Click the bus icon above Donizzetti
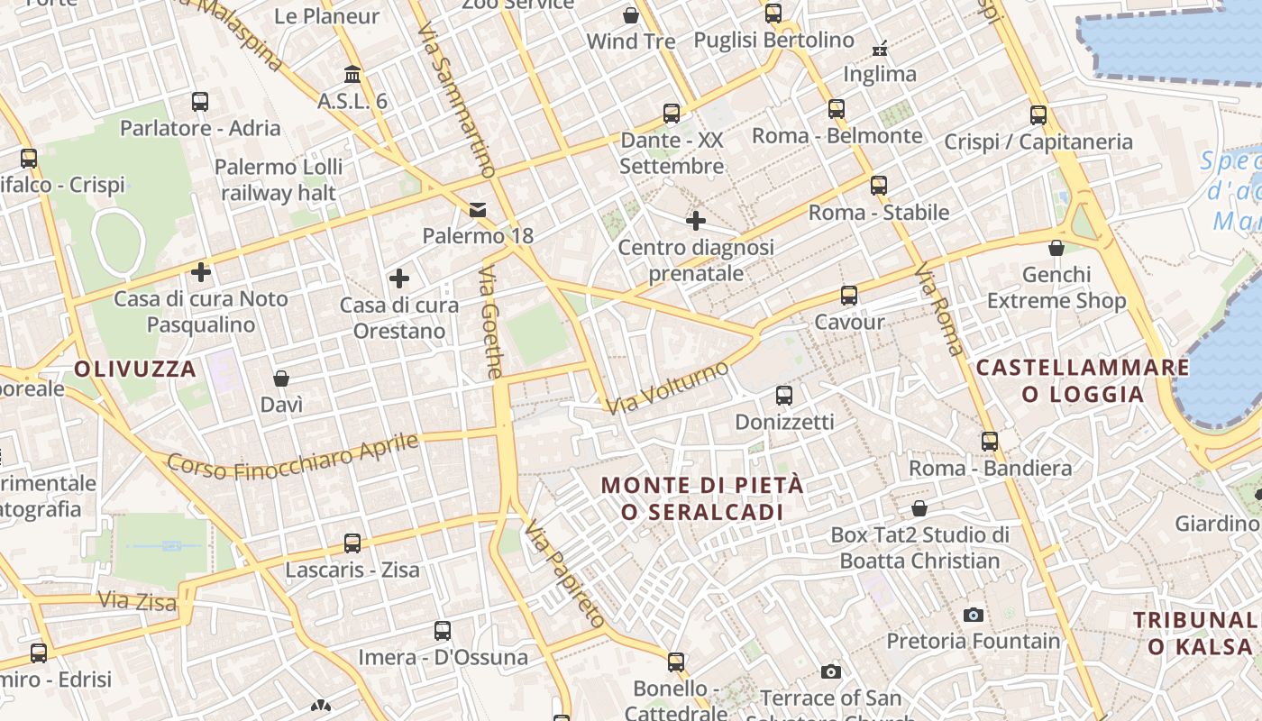click(784, 395)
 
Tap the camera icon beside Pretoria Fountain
click(974, 615)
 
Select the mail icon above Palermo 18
click(477, 210)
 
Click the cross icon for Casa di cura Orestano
click(398, 278)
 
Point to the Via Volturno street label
click(667, 388)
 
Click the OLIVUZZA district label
click(135, 369)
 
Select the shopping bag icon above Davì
click(281, 378)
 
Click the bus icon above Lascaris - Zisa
click(352, 543)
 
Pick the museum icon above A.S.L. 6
click(352, 74)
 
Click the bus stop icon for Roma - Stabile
click(879, 186)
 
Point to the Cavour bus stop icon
click(848, 296)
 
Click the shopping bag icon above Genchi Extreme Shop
click(1056, 247)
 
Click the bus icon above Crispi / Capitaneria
click(1038, 115)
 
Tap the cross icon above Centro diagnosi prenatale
click(695, 220)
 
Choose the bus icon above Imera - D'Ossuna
click(443, 631)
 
